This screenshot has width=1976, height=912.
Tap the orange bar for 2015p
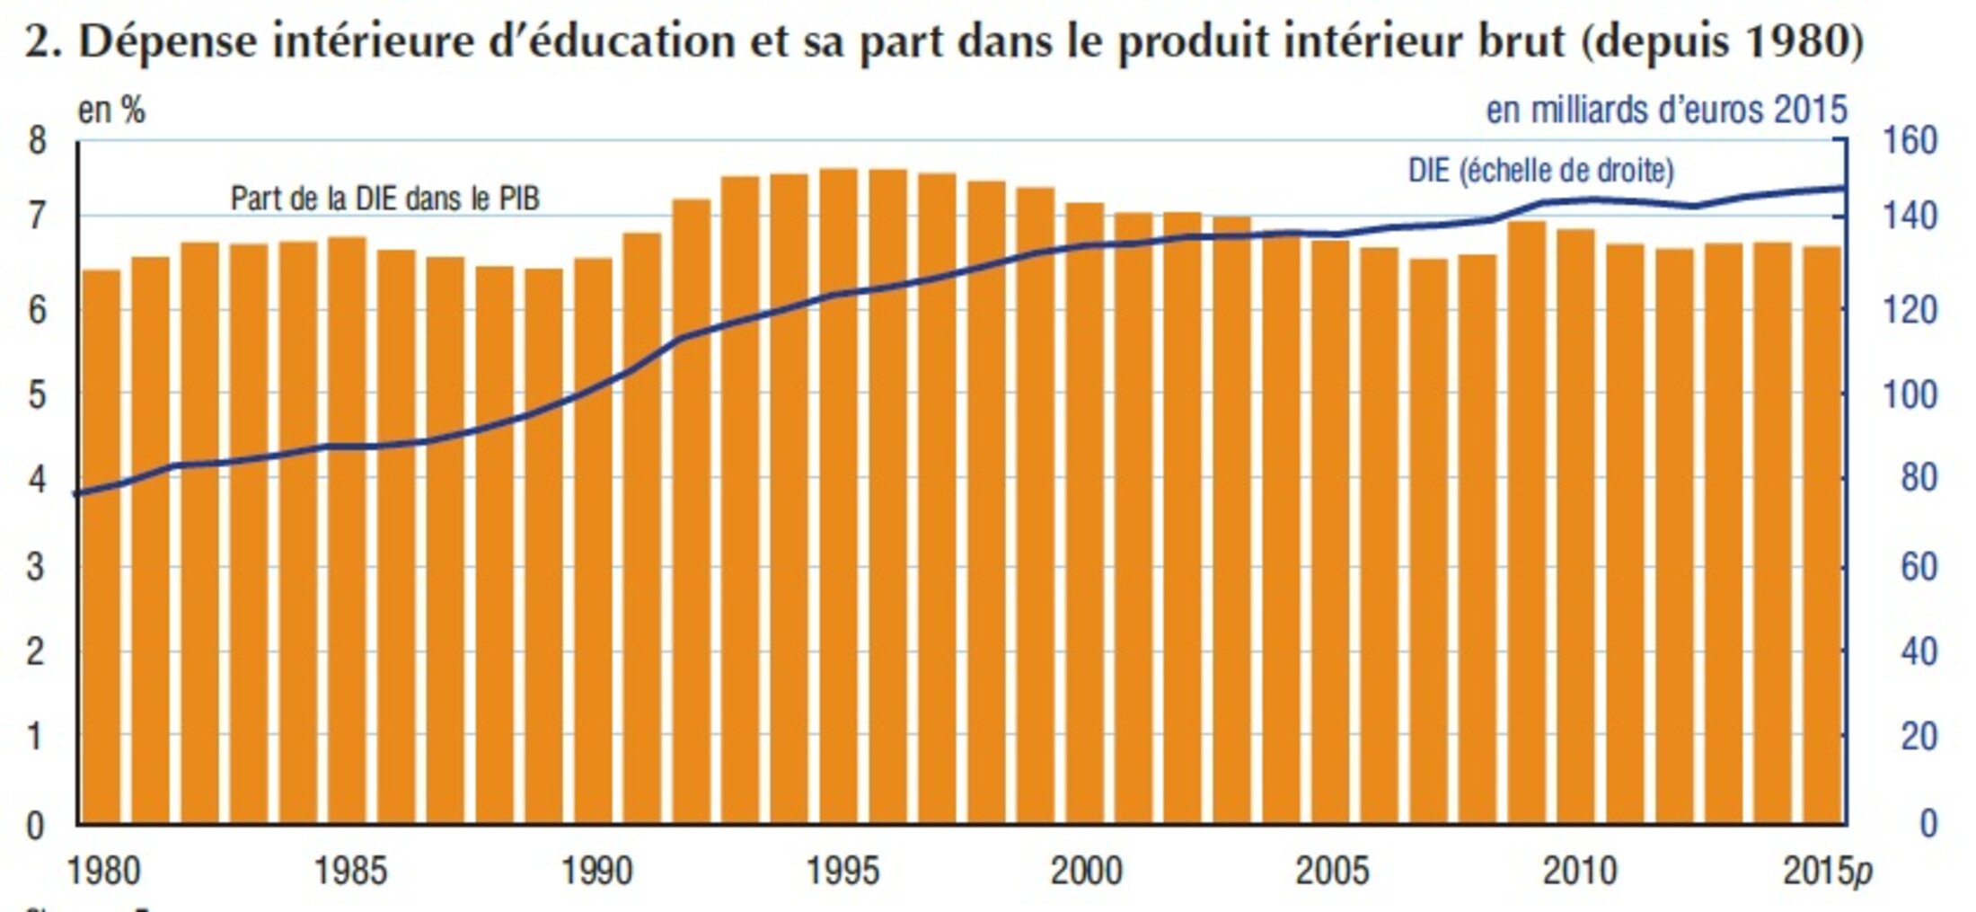click(1822, 535)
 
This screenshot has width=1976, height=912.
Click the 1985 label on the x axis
click(349, 871)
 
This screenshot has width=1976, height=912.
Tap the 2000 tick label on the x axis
click(1086, 871)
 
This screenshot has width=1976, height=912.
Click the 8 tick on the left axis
click(37, 141)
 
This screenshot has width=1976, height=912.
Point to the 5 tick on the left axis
click(37, 394)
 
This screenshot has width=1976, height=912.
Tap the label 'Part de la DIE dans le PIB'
click(384, 199)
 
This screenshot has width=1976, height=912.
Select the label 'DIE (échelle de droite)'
click(1540, 170)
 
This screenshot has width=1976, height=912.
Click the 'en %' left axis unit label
click(111, 111)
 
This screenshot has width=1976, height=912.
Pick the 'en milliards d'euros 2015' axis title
click(1666, 110)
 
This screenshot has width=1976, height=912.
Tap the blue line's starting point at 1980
click(79, 493)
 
